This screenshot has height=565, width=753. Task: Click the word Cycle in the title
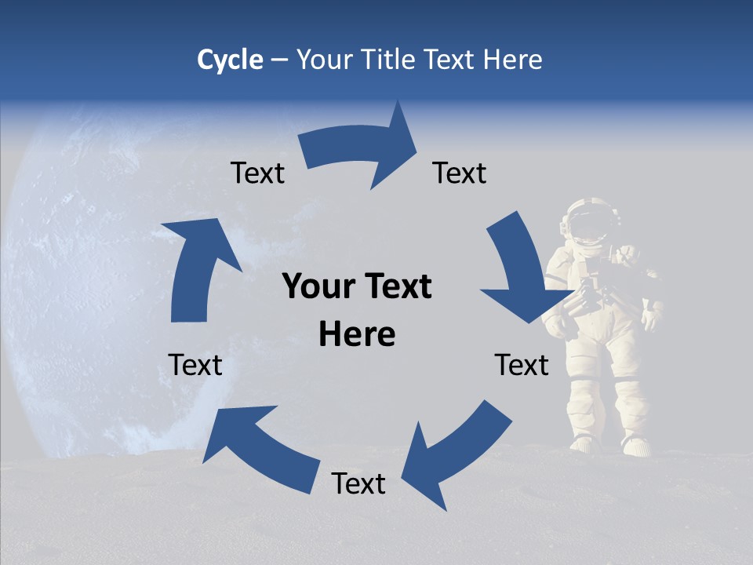point(230,60)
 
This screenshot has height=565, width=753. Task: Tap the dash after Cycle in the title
point(280,60)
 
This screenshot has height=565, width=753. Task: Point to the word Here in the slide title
point(512,60)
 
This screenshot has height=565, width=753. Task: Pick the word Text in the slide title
point(449,60)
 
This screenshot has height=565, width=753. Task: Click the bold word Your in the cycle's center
point(315,287)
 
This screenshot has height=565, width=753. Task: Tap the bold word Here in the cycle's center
point(357,335)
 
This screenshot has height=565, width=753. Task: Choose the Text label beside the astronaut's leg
point(522,365)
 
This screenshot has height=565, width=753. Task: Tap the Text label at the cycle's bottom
point(358,483)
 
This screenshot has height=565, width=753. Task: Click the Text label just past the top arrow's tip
point(460,173)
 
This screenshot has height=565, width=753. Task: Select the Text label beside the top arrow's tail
point(257,173)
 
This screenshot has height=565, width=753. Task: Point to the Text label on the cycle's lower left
point(195,365)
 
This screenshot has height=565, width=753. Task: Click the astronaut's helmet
point(590,221)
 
